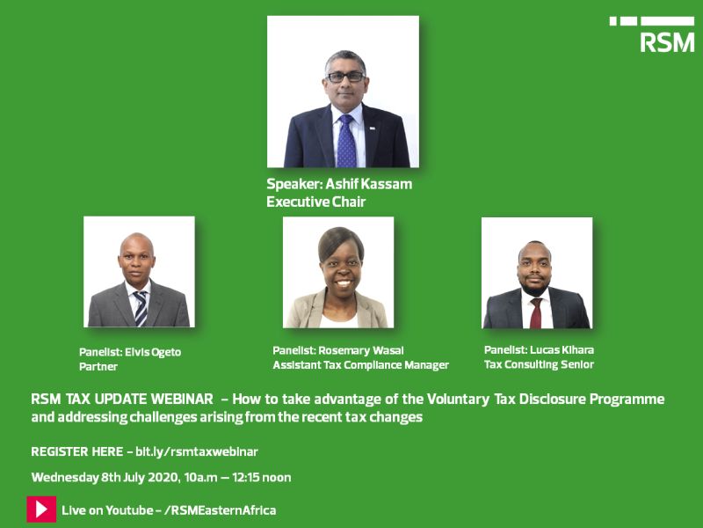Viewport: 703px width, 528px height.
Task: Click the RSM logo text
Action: (667, 41)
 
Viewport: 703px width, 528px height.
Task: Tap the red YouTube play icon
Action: (41, 510)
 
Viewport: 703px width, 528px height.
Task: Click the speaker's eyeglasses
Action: (344, 77)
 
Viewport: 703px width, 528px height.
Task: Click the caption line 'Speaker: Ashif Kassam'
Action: (339, 185)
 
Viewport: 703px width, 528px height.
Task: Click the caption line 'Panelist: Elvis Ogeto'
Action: (130, 352)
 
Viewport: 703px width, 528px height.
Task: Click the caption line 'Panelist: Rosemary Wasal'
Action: (337, 350)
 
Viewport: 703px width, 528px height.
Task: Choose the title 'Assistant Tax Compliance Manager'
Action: (360, 365)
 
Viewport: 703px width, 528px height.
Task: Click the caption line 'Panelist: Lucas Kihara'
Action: (539, 349)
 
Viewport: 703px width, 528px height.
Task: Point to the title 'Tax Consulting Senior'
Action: (539, 364)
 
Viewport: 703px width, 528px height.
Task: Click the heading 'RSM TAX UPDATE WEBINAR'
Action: (121, 400)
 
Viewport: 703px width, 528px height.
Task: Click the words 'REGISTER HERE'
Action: (76, 451)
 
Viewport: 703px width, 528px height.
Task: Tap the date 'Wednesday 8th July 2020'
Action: (103, 478)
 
